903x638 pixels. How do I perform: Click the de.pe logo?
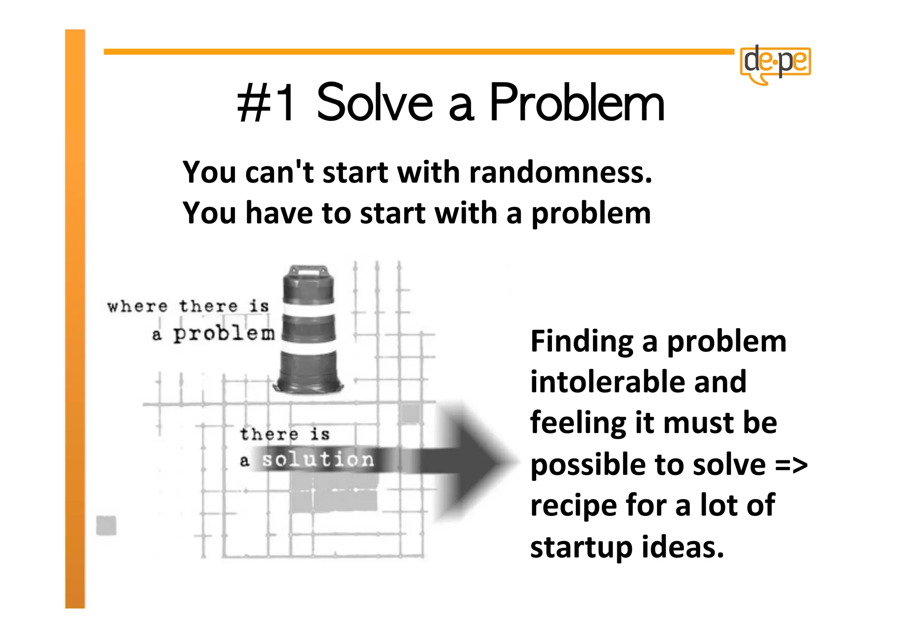point(776,63)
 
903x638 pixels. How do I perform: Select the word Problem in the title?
point(577,103)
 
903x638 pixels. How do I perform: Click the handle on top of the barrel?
point(308,269)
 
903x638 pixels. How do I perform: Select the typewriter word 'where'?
point(138,306)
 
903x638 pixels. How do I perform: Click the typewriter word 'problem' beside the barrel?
point(224,334)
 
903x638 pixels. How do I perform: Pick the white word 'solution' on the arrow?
point(318,460)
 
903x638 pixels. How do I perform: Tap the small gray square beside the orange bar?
point(106,525)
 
